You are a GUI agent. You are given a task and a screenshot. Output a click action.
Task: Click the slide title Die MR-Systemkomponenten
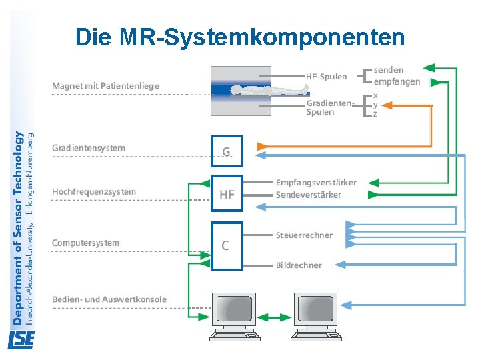point(240,37)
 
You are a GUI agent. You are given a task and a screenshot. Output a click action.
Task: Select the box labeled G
point(227,152)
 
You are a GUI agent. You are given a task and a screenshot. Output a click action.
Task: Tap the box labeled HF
point(227,194)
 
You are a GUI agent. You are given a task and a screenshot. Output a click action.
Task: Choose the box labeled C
point(227,245)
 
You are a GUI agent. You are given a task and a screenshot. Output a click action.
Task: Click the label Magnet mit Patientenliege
point(106,86)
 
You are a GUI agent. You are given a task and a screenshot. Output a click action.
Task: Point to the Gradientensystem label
point(89,148)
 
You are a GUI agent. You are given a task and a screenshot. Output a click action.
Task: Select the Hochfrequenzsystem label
point(94,192)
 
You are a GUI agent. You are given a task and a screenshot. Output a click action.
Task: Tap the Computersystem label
point(86,243)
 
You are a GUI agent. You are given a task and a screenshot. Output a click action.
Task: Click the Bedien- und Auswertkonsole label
point(109,299)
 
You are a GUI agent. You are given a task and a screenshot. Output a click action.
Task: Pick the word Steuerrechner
point(304,235)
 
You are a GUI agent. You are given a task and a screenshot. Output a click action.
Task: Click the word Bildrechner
point(299,265)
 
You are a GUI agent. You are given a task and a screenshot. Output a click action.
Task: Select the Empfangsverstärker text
point(316,183)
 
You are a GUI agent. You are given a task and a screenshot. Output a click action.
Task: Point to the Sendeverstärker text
point(309,195)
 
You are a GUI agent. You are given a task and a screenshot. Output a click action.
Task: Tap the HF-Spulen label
point(327,77)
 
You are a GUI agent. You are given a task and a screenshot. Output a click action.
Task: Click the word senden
point(389,69)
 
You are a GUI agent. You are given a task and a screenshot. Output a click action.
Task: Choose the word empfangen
point(397,82)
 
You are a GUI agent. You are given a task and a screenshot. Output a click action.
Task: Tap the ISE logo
point(20,341)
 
